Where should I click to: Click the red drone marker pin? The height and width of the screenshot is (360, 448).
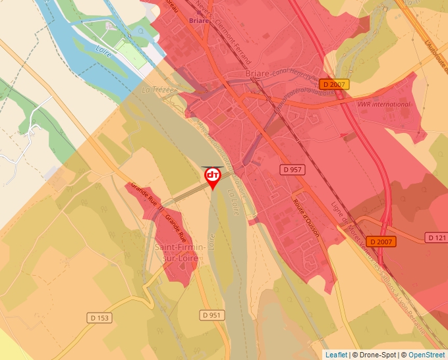[x=213, y=177]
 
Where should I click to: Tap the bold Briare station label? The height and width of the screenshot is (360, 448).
[x=198, y=20]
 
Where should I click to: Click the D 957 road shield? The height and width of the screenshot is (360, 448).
[x=292, y=169]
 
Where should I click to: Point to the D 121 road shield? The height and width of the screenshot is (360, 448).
[x=436, y=237]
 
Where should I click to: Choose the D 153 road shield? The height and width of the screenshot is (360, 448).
[x=100, y=317]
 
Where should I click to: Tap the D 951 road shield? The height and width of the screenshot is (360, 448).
[x=211, y=315]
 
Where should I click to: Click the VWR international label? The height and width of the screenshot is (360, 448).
[x=383, y=104]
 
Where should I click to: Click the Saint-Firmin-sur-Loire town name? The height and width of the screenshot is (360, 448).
[x=179, y=253]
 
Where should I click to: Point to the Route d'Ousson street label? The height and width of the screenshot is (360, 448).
[x=306, y=217]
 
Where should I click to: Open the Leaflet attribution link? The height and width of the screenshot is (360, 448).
[x=336, y=355]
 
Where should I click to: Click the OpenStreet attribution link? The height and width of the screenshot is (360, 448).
[x=427, y=355]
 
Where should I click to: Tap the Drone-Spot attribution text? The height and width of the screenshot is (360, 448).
[x=376, y=355]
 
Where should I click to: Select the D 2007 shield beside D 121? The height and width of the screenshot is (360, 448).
[x=381, y=242]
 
